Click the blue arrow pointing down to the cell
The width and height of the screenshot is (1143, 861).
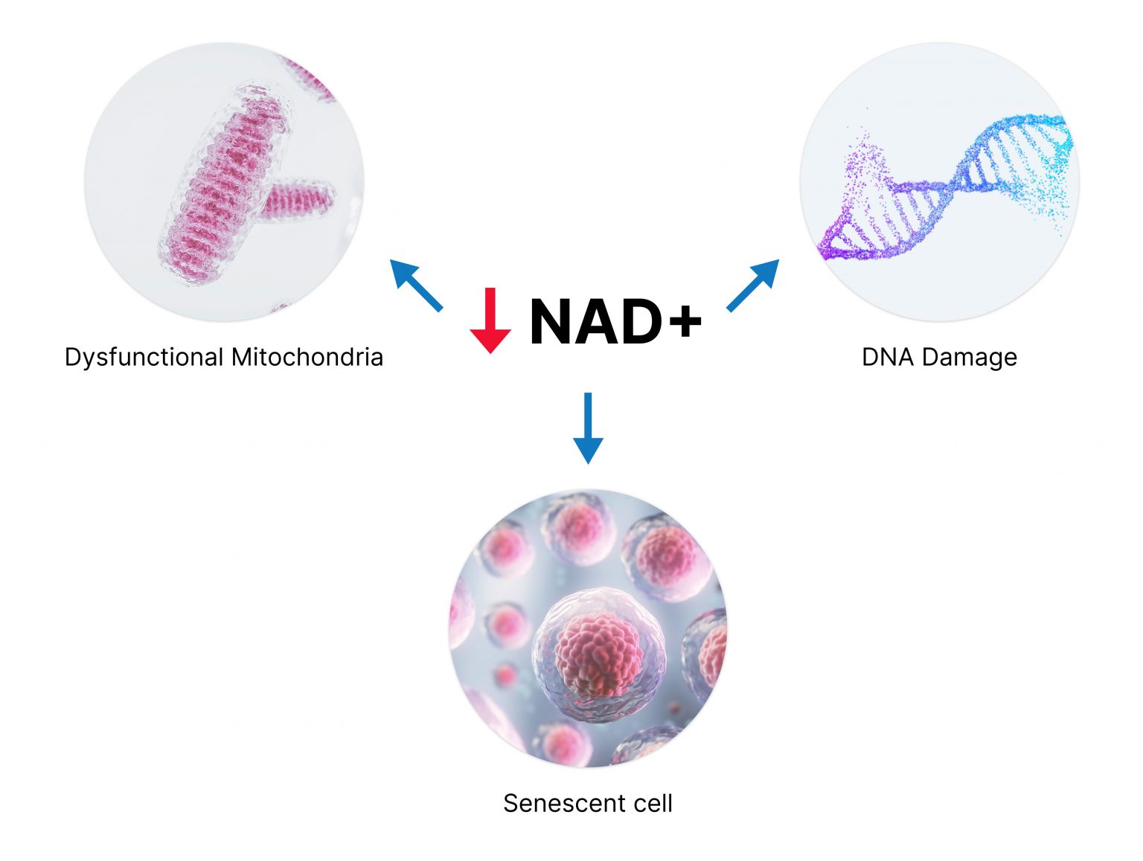[x=588, y=428]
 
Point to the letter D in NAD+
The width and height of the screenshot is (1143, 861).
[x=638, y=321]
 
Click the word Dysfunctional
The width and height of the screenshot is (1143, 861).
[x=144, y=358]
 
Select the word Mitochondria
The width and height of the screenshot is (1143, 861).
[x=307, y=357]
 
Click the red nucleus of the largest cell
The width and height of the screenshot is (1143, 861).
[x=598, y=654]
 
